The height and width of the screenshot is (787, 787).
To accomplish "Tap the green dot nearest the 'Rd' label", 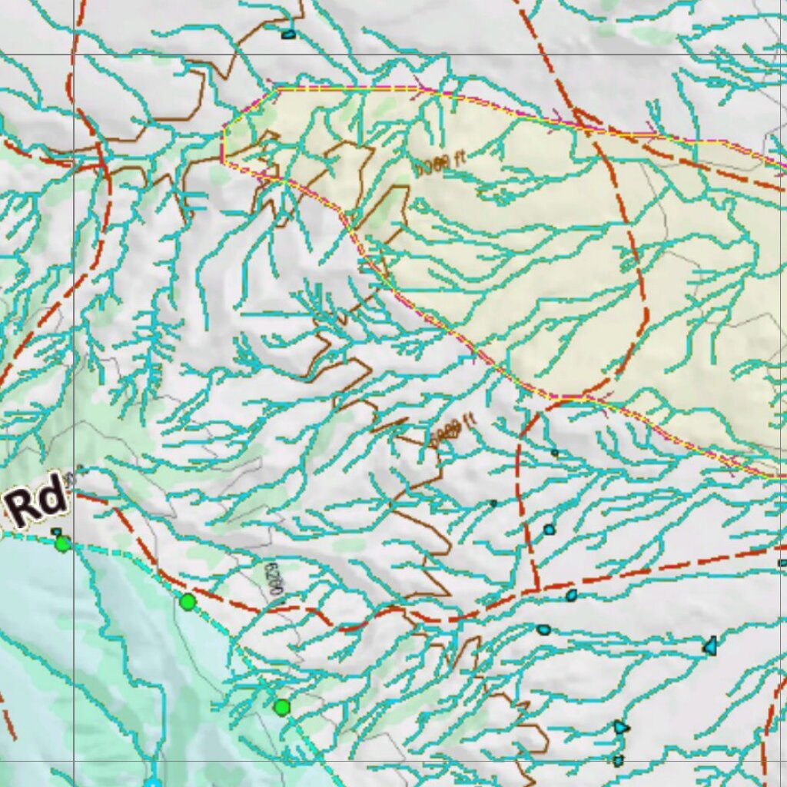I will tap(62, 544).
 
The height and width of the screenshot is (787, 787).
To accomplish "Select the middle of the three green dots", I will tap(188, 602).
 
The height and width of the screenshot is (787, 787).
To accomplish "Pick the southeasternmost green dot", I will tap(282, 707).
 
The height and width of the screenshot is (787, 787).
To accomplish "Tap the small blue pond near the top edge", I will tap(288, 34).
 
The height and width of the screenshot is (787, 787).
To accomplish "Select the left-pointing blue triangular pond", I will tap(711, 646).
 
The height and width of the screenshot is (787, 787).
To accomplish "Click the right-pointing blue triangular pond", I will tap(621, 727).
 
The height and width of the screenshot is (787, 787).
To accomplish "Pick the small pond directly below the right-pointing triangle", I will tap(618, 760).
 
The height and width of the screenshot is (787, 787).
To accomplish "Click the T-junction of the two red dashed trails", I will tap(536, 589).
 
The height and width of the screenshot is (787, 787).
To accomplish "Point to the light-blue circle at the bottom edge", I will tap(153, 783).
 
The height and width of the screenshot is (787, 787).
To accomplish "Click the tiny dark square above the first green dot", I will tap(55, 531).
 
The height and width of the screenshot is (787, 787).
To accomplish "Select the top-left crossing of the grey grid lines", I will tap(75, 54).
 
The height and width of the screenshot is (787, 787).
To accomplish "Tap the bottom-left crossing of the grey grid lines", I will tap(75, 761).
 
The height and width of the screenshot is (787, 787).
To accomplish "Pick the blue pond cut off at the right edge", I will tap(782, 563).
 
